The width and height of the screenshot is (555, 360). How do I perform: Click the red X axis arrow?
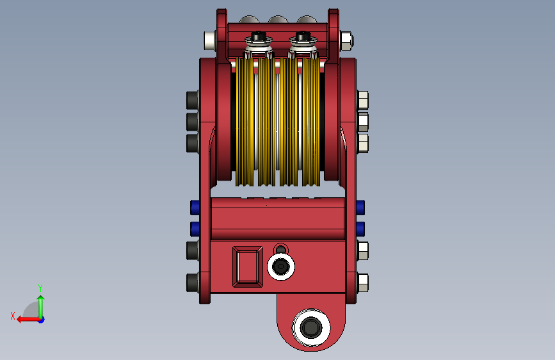point(29,320)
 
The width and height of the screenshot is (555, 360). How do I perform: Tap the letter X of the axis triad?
point(13,316)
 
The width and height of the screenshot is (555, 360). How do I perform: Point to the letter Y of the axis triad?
point(40,288)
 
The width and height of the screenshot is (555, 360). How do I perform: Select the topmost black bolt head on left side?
point(192,101)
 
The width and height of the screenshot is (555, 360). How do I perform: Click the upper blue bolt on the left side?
point(195,208)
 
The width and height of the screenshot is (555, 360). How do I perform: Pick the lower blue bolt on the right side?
point(360,229)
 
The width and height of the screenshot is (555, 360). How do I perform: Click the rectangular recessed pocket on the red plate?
point(248,266)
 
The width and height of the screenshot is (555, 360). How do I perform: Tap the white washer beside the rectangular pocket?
point(281,267)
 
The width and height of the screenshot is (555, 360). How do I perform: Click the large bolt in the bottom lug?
point(311,327)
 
